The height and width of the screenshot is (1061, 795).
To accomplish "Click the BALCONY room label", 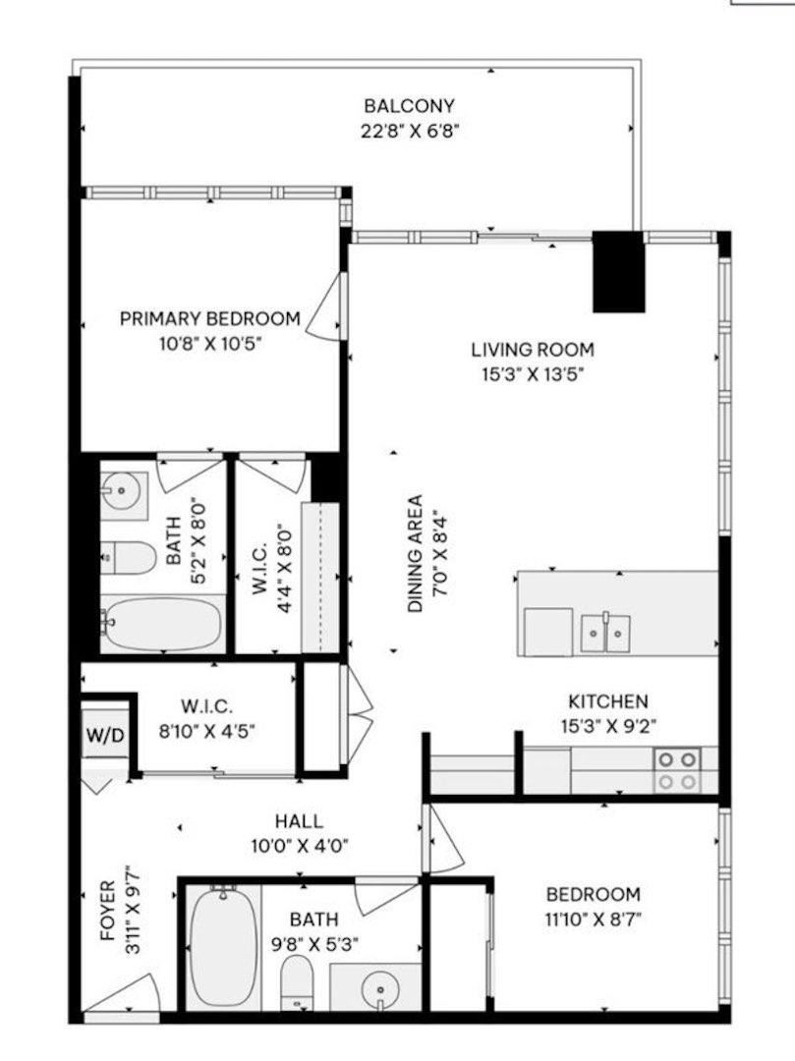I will [x=409, y=106].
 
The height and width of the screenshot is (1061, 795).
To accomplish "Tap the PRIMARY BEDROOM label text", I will [x=209, y=318].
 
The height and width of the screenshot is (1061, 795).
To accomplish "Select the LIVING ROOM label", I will [x=532, y=349].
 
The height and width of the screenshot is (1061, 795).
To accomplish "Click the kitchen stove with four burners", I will [x=677, y=770].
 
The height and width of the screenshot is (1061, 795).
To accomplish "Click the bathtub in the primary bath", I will [x=162, y=624].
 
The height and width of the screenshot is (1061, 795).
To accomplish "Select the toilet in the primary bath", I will [x=129, y=558].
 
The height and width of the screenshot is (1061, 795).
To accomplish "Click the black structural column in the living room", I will [x=618, y=271].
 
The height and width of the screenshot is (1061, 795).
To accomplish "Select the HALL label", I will [x=300, y=822].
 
